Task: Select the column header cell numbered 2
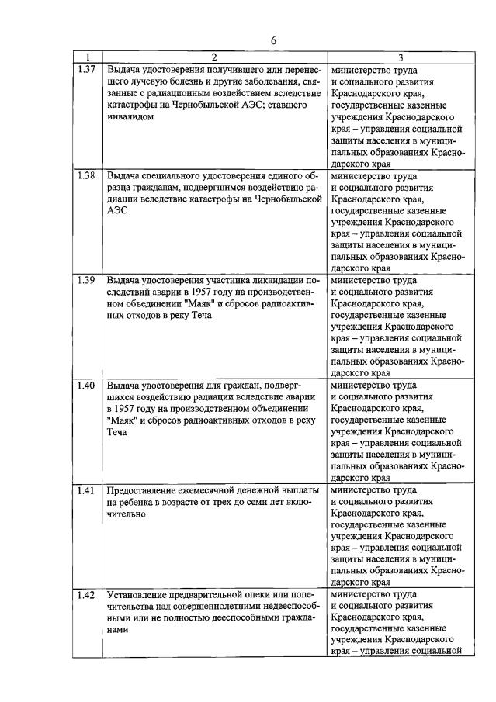click(x=214, y=57)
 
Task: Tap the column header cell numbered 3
click(x=400, y=57)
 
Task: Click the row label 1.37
click(x=87, y=69)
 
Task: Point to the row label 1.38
click(x=87, y=175)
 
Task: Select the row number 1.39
click(x=87, y=280)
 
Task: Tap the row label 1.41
click(x=87, y=490)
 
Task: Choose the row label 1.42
click(x=87, y=596)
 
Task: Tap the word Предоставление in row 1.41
click(x=143, y=491)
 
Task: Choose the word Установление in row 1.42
click(x=138, y=597)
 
